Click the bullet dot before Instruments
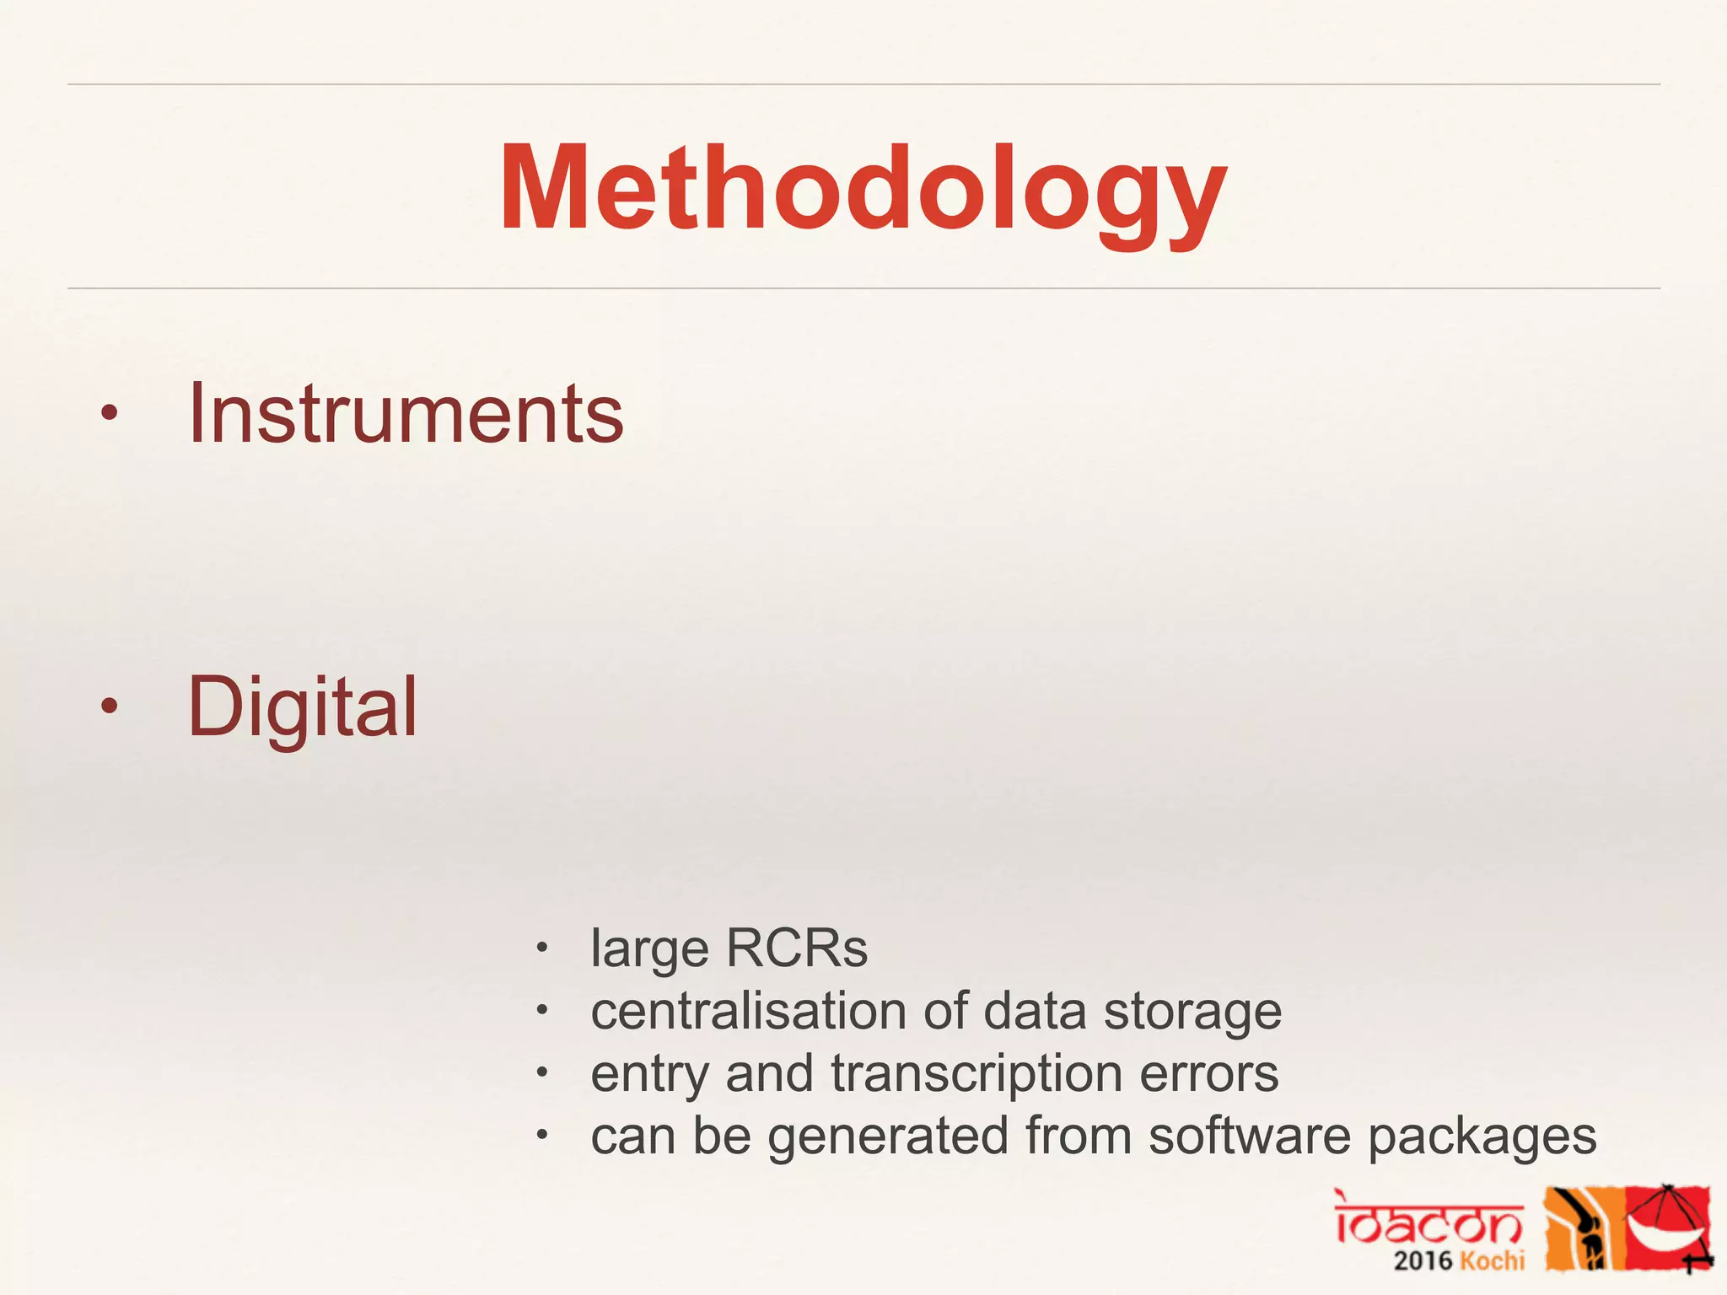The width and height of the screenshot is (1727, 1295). tap(109, 413)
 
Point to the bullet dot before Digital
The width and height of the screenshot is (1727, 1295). tap(109, 707)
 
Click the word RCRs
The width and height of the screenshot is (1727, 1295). tap(796, 948)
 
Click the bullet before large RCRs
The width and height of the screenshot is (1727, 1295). tap(543, 948)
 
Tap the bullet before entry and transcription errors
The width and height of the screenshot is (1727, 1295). tap(543, 1073)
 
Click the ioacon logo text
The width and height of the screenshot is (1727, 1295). tap(1428, 1219)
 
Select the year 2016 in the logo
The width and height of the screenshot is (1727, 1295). tap(1423, 1261)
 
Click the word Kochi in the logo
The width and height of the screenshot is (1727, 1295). tap(1492, 1261)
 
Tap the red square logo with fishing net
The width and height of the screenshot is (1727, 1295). tap(1668, 1227)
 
